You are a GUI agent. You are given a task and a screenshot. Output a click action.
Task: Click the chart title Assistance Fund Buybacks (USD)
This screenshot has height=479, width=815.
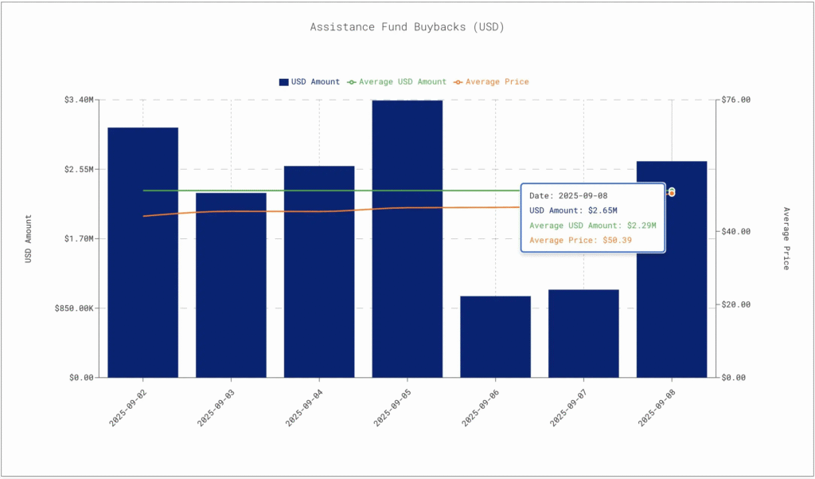[407, 27]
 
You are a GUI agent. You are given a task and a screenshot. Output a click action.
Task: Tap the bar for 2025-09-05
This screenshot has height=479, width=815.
[407, 238]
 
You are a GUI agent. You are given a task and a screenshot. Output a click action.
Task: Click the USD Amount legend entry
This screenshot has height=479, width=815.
[310, 81]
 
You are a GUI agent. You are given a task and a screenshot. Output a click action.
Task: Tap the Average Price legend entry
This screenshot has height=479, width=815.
[491, 81]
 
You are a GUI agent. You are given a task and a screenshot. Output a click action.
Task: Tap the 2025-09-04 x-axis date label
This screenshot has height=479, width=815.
[305, 406]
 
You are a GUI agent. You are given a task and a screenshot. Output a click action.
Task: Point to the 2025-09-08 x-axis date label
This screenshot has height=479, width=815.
[657, 406]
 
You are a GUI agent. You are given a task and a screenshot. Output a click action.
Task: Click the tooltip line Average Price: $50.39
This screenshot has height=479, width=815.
[580, 240]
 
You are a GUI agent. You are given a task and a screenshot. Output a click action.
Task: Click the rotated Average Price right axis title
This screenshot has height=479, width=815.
[786, 238]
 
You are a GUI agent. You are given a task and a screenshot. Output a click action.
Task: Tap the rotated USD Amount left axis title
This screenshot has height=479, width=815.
[29, 238]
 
